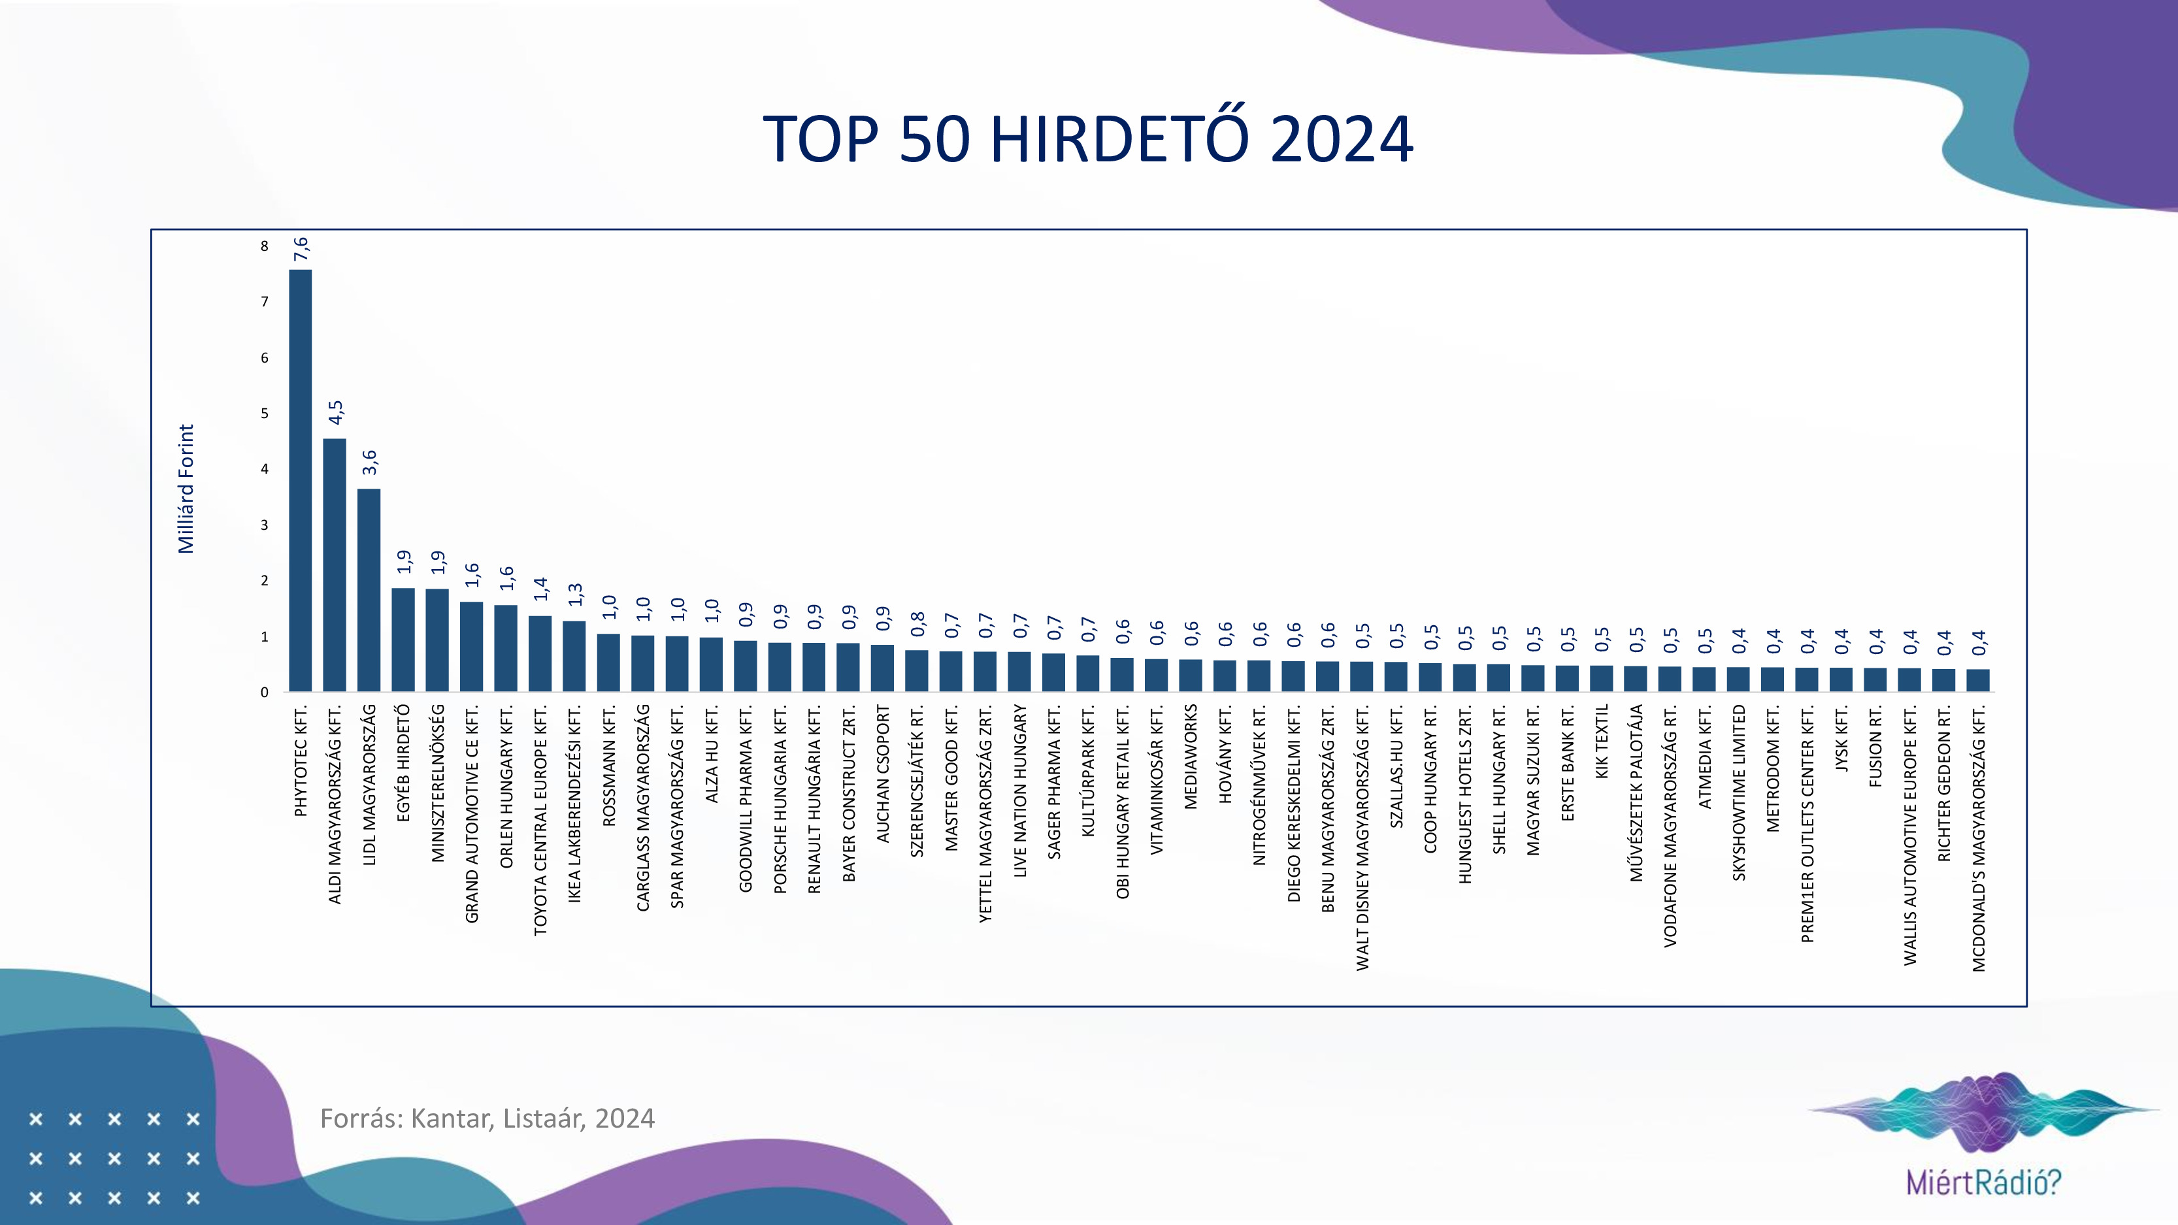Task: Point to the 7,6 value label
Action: tap(301, 250)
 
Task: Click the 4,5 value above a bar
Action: tap(336, 412)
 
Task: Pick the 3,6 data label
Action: tap(369, 462)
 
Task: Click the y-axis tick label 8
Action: tap(265, 246)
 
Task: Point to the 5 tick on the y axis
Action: tap(265, 414)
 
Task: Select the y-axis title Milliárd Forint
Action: tap(186, 489)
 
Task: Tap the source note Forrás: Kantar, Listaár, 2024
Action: tap(487, 1119)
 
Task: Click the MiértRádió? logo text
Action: tap(1983, 1181)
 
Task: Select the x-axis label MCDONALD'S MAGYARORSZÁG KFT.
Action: tap(1979, 838)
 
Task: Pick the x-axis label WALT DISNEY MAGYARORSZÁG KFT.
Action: tap(1362, 837)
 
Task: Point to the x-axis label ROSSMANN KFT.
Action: tap(609, 765)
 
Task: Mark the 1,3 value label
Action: tap(575, 595)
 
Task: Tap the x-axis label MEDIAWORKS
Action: tap(1191, 757)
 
